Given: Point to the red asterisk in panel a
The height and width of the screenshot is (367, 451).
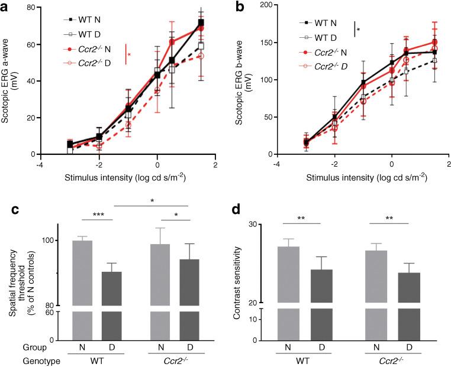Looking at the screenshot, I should coord(130,55).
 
